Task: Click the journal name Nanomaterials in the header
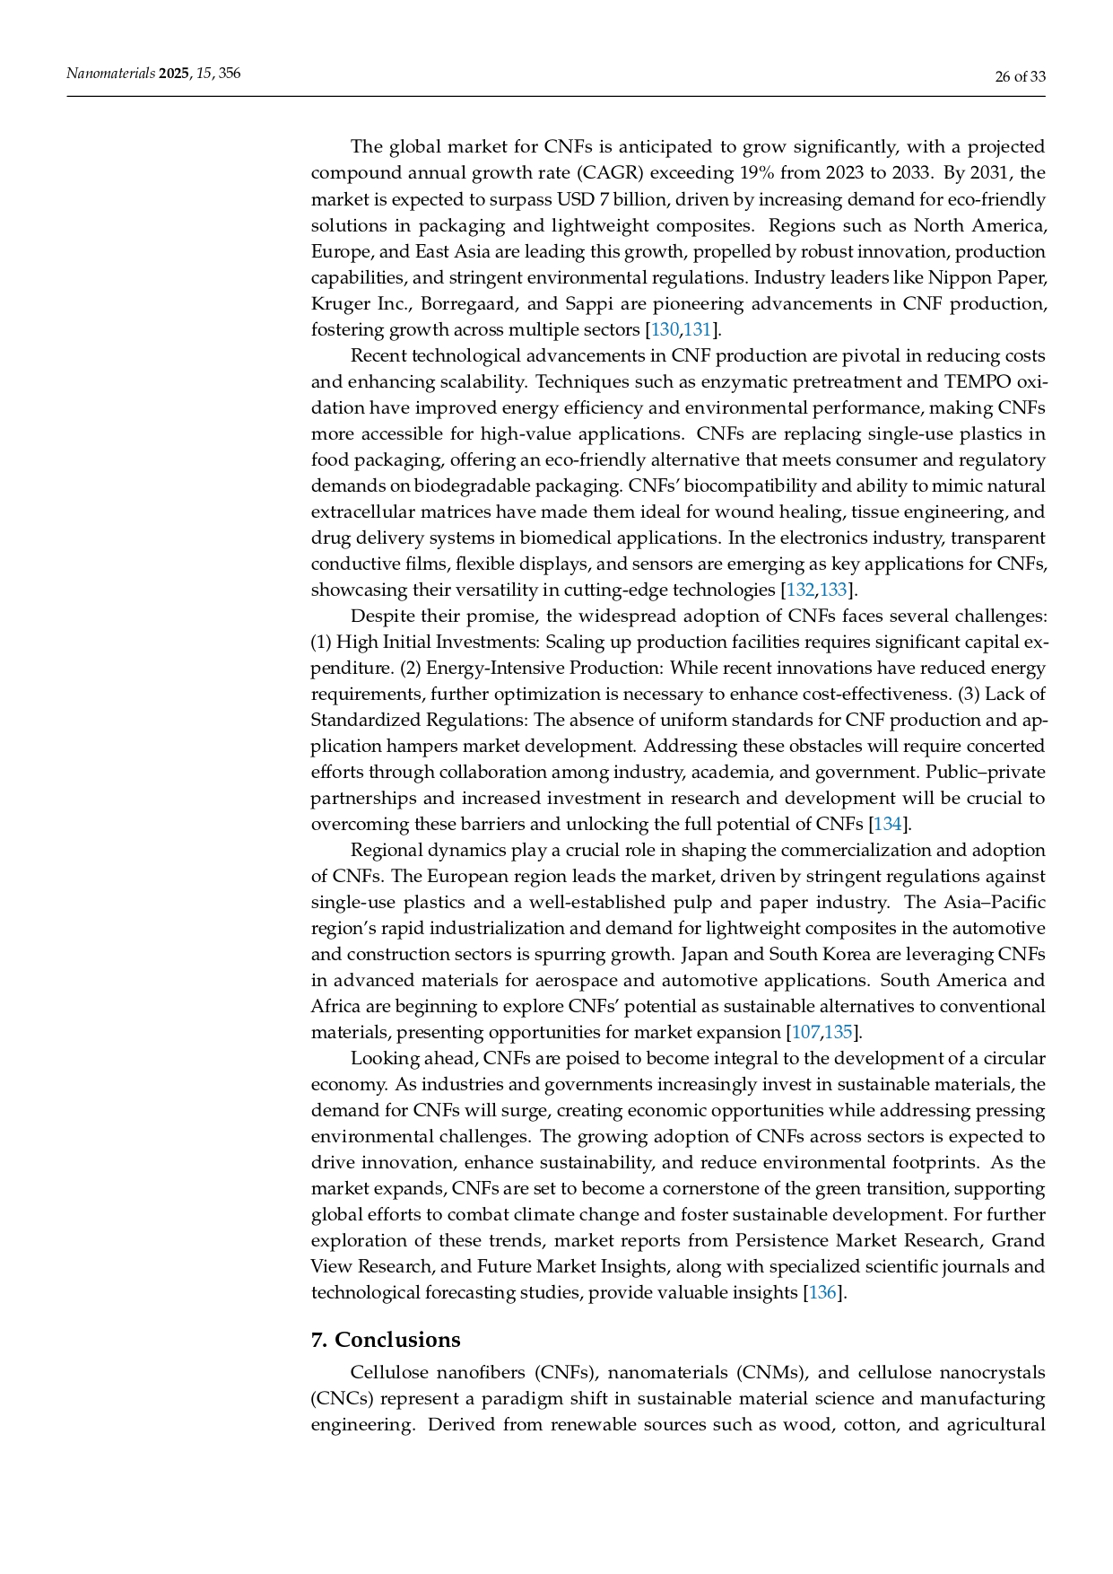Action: click(110, 74)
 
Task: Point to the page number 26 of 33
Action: click(1020, 76)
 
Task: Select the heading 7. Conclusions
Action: click(386, 1340)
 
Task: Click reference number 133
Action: click(834, 590)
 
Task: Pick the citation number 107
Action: click(805, 1032)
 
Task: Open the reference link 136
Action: click(822, 1292)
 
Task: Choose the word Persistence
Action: click(782, 1240)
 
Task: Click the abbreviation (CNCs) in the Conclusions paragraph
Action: click(339, 1398)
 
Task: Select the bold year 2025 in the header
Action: click(174, 74)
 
